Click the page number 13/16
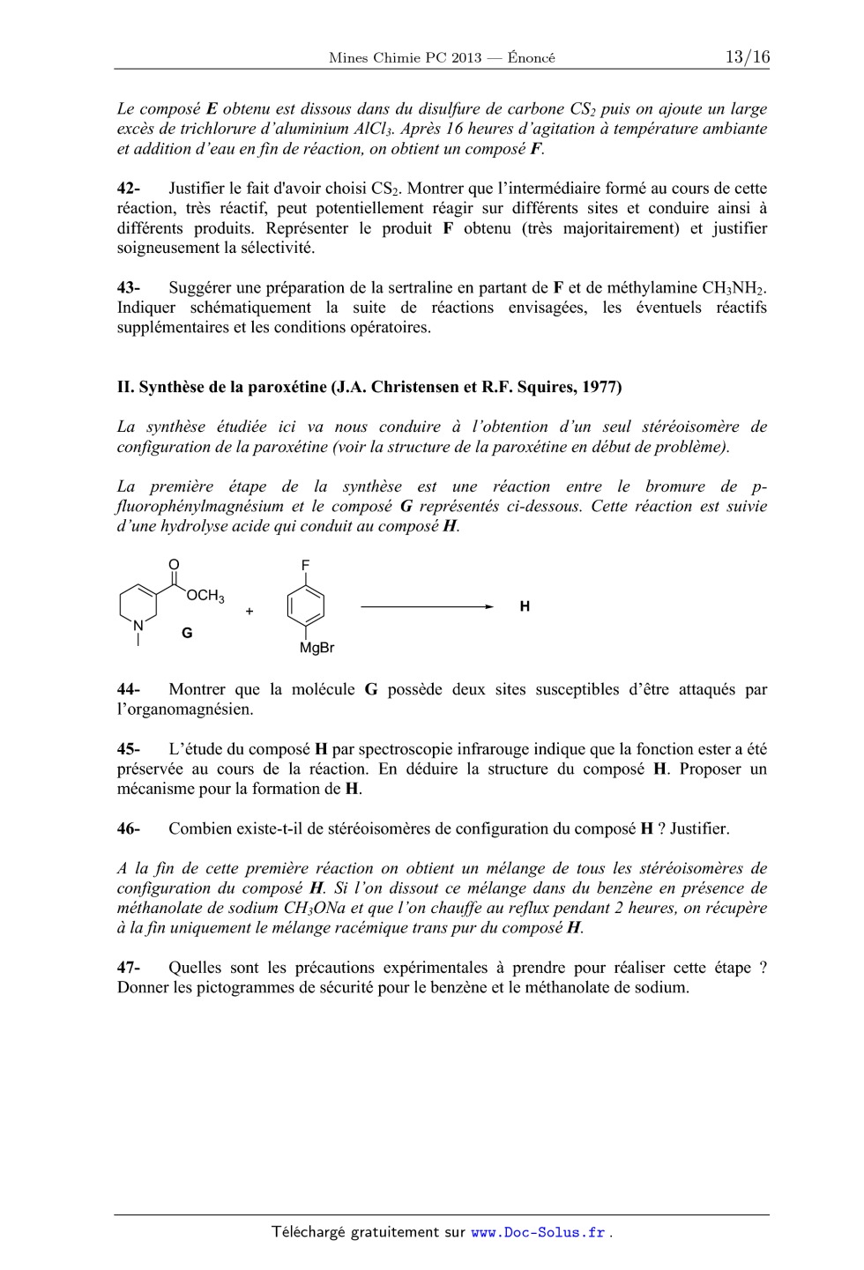(747, 57)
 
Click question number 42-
(129, 189)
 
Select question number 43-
(129, 288)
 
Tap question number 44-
(129, 690)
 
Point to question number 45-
(129, 750)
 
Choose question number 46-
(129, 829)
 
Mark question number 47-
(129, 968)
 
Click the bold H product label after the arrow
(525, 606)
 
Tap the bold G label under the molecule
(187, 633)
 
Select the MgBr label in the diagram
(317, 649)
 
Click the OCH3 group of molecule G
(205, 597)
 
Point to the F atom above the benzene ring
(306, 564)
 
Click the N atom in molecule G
(138, 626)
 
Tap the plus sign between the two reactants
(250, 610)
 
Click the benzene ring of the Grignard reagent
(306, 605)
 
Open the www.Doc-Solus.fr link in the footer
(538, 1233)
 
